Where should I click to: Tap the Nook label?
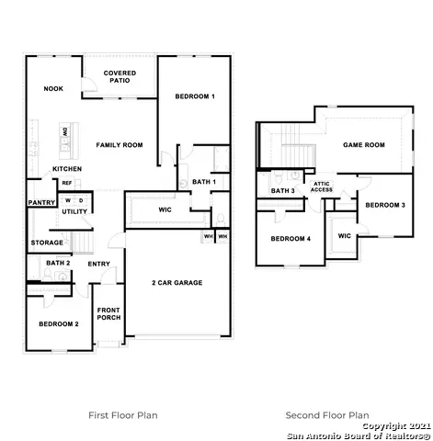[x=51, y=88]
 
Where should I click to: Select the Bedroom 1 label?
[x=194, y=96]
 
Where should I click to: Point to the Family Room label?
[x=120, y=145]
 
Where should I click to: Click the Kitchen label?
[x=67, y=170]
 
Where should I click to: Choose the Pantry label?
[x=41, y=203]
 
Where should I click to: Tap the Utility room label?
[x=74, y=212]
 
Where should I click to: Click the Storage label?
[x=47, y=243]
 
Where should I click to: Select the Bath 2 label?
[x=58, y=264]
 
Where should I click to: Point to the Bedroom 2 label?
[x=58, y=324]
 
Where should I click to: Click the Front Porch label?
[x=109, y=314]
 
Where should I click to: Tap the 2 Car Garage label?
[x=177, y=282]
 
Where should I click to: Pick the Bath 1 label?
[x=204, y=182]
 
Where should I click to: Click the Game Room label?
[x=363, y=145]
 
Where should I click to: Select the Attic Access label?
[x=322, y=187]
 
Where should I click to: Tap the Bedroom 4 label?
[x=291, y=239]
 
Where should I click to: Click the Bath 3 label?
[x=282, y=190]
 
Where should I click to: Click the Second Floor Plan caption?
[x=327, y=414]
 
